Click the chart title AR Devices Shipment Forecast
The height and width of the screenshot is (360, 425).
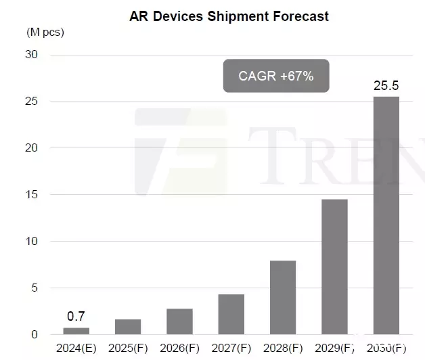click(229, 16)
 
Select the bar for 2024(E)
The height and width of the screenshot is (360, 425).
click(76, 331)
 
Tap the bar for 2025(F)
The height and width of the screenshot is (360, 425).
click(128, 327)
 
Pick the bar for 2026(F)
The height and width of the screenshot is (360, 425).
click(179, 321)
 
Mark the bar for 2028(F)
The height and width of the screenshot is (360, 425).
click(283, 298)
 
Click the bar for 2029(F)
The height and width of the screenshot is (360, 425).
click(334, 267)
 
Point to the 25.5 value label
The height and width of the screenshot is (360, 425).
click(386, 87)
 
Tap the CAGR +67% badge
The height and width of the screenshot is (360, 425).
click(276, 76)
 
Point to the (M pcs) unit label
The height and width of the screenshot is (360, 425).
click(44, 32)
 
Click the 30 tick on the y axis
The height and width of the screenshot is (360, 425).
click(31, 55)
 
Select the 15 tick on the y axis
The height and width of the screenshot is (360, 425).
click(31, 195)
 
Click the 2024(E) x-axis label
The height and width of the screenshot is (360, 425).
click(76, 349)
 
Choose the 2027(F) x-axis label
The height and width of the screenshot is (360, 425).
click(231, 349)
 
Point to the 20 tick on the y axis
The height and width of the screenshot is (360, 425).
click(31, 148)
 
